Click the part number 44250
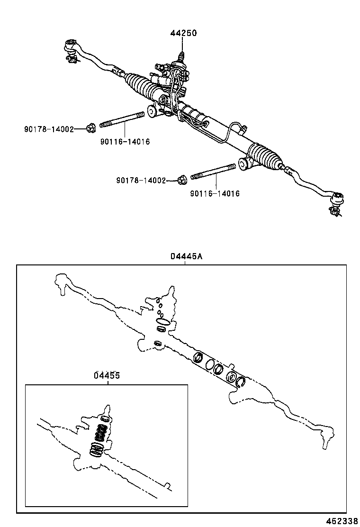tap(183, 33)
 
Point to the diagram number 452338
tap(342, 520)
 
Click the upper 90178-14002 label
tap(49, 129)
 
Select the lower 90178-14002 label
tap(141, 180)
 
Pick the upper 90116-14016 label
tap(125, 141)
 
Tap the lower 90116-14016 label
tap(215, 193)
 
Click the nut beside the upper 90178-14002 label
tap(91, 127)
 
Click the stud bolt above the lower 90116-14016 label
tap(213, 172)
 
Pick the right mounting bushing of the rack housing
tap(245, 163)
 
